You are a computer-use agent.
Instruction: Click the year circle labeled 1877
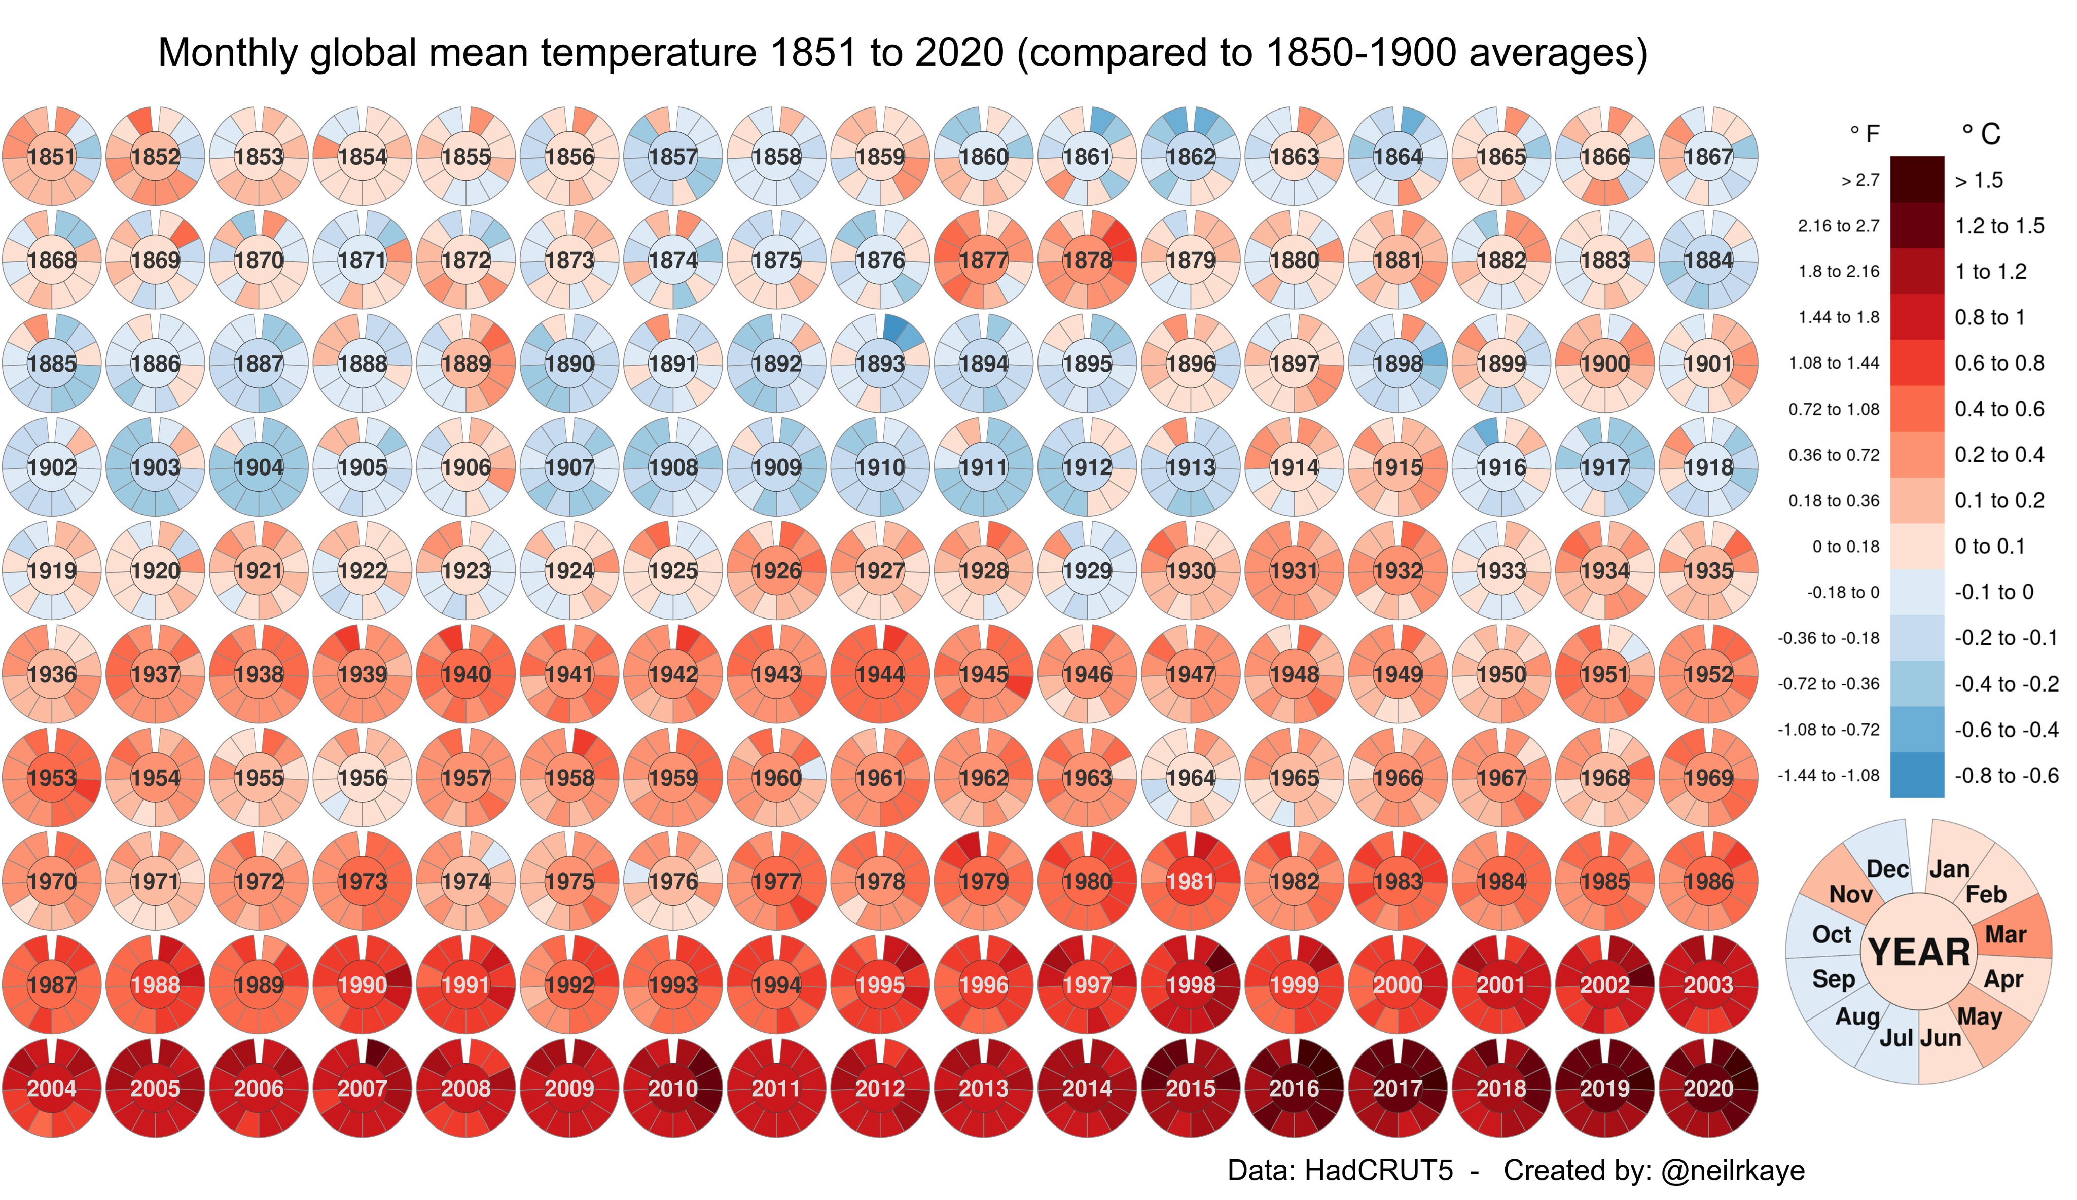click(983, 261)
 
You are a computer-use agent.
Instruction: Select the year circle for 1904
click(259, 467)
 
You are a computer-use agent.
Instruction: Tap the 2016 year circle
click(1294, 1088)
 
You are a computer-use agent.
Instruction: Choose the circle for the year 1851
click(52, 157)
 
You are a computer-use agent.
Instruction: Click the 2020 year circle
click(1708, 1088)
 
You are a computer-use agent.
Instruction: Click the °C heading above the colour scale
click(1981, 133)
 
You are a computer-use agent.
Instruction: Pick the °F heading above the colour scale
click(1865, 133)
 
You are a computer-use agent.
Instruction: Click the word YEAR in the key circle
click(1919, 953)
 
